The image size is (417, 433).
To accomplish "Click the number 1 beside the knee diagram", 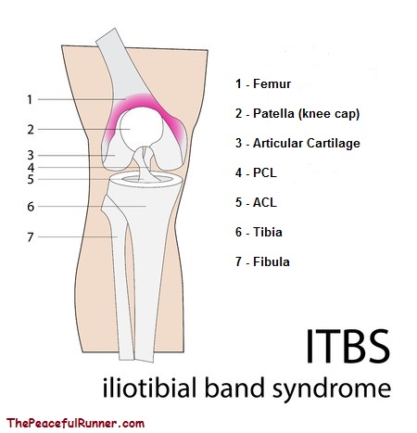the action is [x=30, y=99].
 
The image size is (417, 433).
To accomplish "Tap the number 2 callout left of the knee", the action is [x=31, y=130].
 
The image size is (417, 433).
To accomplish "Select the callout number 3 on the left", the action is [x=31, y=155].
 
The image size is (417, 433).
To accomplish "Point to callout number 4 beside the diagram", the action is [x=31, y=168].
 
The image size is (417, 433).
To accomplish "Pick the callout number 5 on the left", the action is [x=31, y=179].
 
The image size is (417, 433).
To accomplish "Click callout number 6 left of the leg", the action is [x=31, y=207].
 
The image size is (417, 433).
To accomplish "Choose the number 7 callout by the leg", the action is [x=31, y=237].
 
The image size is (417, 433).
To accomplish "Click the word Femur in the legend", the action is [x=272, y=83].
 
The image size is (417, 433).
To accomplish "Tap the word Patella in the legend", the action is [x=273, y=113].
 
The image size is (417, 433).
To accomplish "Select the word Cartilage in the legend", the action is [x=334, y=143].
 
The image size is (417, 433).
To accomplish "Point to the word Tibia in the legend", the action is [x=268, y=232].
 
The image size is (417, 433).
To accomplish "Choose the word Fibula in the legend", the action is [x=272, y=261].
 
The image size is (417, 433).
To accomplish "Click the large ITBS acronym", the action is [x=348, y=346].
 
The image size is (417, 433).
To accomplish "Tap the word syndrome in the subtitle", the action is [x=332, y=389].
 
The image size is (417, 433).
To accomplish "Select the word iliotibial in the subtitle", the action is [x=149, y=387].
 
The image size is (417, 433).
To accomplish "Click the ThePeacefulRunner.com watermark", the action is [x=75, y=423].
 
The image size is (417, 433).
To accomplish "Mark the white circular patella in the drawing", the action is [x=142, y=127].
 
